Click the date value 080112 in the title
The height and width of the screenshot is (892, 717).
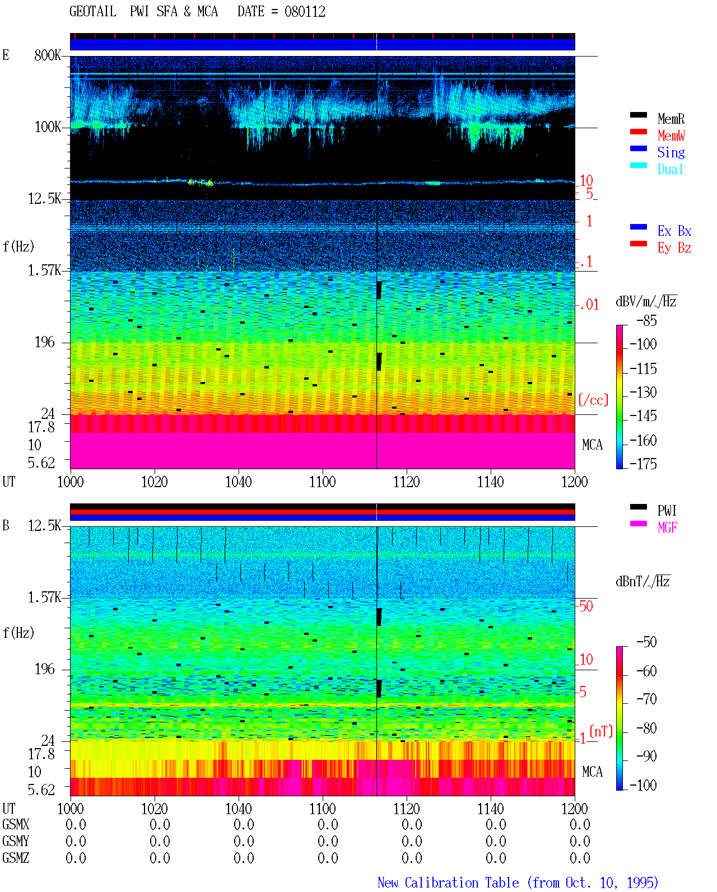[x=305, y=12]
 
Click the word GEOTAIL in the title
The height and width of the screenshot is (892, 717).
[x=93, y=12]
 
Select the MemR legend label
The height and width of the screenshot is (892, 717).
[x=671, y=119]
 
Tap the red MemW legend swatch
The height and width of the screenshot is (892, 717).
[x=638, y=132]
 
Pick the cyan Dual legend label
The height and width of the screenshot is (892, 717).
[x=670, y=169]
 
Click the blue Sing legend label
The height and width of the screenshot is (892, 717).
[x=671, y=152]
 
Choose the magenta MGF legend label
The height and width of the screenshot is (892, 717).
[x=667, y=527]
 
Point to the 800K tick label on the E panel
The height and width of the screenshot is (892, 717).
[x=48, y=55]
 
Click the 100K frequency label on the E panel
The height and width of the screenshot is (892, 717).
[x=48, y=127]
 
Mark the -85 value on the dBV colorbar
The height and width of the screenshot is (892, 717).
[x=646, y=320]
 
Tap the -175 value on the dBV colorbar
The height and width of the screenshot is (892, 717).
[x=643, y=464]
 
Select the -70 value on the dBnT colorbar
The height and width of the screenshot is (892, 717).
[x=646, y=699]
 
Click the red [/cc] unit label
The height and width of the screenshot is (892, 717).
[x=593, y=400]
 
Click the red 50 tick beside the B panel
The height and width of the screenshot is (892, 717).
[x=586, y=606]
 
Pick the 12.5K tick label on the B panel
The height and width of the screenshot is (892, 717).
[x=44, y=526]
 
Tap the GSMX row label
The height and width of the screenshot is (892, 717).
[x=16, y=824]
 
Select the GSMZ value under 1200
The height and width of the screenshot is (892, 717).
[x=580, y=858]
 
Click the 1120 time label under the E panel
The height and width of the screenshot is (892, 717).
[x=407, y=482]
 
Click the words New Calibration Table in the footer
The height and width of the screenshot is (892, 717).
[x=448, y=882]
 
